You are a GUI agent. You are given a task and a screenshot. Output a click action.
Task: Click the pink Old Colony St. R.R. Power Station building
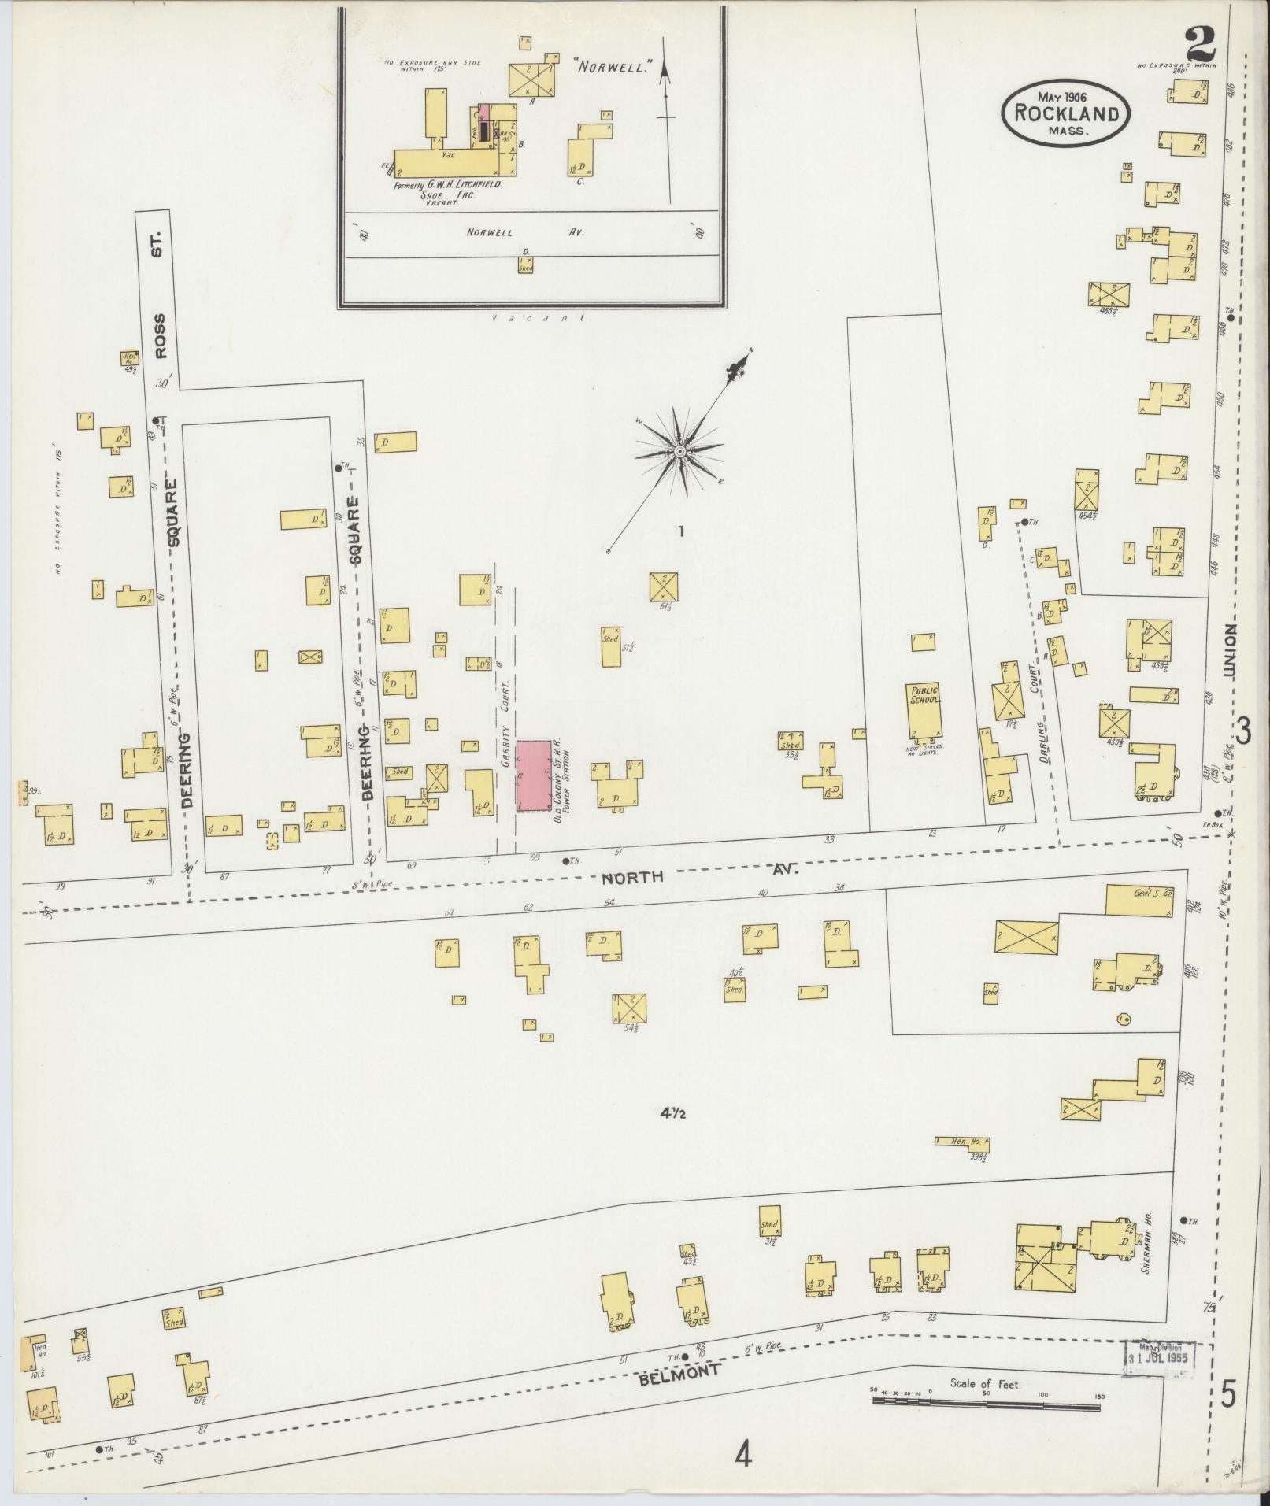point(534,775)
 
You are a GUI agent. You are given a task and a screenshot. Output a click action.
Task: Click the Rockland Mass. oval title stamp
point(1066,113)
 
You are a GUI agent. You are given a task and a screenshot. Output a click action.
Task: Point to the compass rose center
point(679,451)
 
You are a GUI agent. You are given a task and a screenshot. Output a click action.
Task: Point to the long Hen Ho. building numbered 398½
point(962,1142)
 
